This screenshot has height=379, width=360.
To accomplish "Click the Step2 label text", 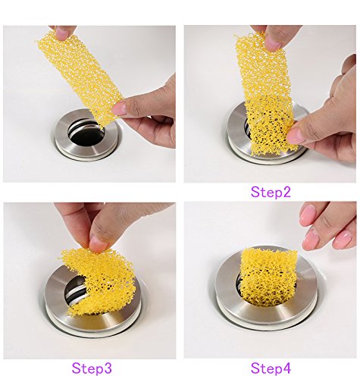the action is pos(271,193).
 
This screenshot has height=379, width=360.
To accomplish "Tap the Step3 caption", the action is pos(92,368).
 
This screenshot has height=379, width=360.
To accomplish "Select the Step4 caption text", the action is pos(271,368).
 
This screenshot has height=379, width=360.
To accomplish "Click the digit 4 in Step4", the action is pos(286,368).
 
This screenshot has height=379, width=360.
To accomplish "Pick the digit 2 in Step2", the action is pos(286,192).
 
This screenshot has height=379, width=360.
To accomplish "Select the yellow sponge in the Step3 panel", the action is pos(99,280).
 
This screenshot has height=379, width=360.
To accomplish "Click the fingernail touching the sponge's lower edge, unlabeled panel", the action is pos(119,108).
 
